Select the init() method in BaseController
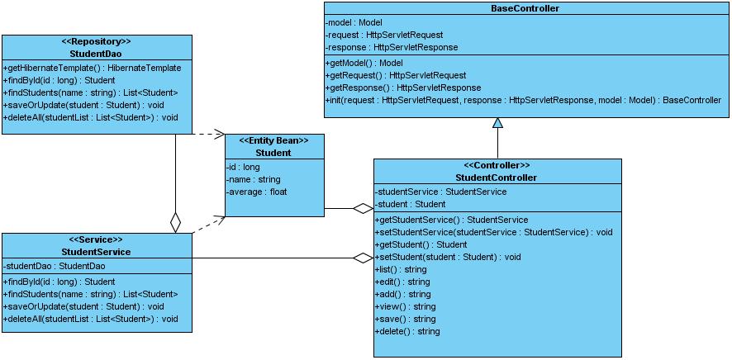(523, 100)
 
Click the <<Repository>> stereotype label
(97, 41)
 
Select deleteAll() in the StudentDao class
(91, 117)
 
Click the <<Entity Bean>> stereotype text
(274, 140)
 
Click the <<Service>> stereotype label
(97, 239)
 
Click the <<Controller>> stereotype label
(497, 165)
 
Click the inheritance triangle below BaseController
(497, 123)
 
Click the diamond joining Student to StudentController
(363, 208)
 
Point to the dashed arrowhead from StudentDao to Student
(219, 133)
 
